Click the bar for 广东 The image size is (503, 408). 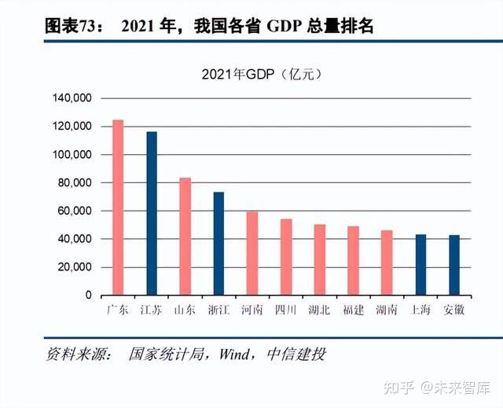pos(118,208)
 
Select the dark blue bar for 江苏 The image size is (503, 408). pos(152,213)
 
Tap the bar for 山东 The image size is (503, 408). pos(185,236)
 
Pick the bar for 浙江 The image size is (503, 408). pos(218,244)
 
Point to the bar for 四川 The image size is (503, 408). pos(286,257)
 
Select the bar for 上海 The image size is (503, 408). pos(420,265)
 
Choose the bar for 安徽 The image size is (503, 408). pos(454,265)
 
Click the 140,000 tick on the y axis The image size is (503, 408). pos(73,98)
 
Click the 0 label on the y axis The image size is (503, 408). pos(89,296)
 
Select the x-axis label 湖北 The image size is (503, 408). pos(319,311)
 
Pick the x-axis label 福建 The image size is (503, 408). pos(353,311)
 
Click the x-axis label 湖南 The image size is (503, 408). pos(387,311)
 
